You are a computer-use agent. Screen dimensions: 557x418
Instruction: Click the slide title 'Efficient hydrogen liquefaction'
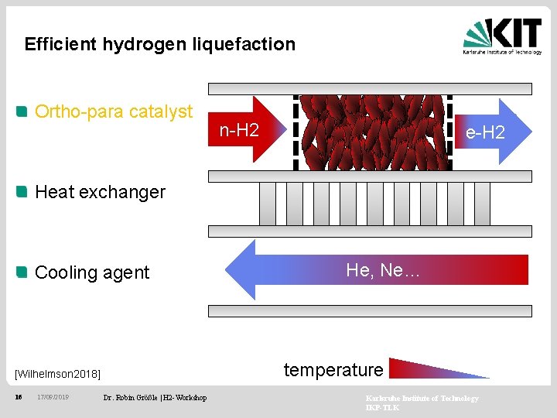coord(160,44)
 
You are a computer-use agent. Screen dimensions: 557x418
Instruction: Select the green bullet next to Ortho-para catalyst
coord(23,111)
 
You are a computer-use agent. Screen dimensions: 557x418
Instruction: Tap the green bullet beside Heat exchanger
coord(23,191)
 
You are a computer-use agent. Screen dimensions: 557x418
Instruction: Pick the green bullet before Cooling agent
coord(23,272)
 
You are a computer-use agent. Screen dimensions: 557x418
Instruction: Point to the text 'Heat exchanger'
coord(101,192)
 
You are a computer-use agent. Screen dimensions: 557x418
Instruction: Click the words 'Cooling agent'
coord(93,272)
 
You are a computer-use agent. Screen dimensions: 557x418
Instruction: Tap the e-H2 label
coord(485,132)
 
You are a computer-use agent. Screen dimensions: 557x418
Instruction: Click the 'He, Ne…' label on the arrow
coord(383,270)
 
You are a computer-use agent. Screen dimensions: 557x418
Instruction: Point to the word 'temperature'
coord(333,370)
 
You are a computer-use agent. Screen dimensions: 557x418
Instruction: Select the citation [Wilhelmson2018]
coord(58,374)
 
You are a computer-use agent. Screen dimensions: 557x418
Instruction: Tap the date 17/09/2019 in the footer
coord(53,398)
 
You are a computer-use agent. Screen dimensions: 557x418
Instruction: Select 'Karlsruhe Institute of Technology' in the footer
coord(422,398)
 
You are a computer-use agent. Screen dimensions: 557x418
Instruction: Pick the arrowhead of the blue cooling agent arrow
coord(241,269)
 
